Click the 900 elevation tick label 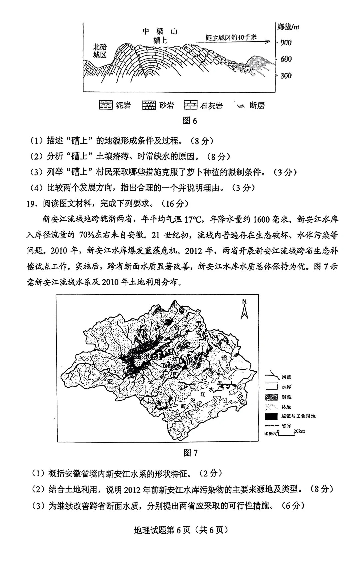point(286,42)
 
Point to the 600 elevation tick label point(286,59)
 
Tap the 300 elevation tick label point(286,76)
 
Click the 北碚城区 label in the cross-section point(100,51)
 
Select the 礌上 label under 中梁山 point(160,41)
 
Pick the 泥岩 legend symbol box point(106,105)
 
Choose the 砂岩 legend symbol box point(149,105)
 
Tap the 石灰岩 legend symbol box point(190,105)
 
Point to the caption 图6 point(190,121)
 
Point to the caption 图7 point(190,452)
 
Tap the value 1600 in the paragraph point(263,219)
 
